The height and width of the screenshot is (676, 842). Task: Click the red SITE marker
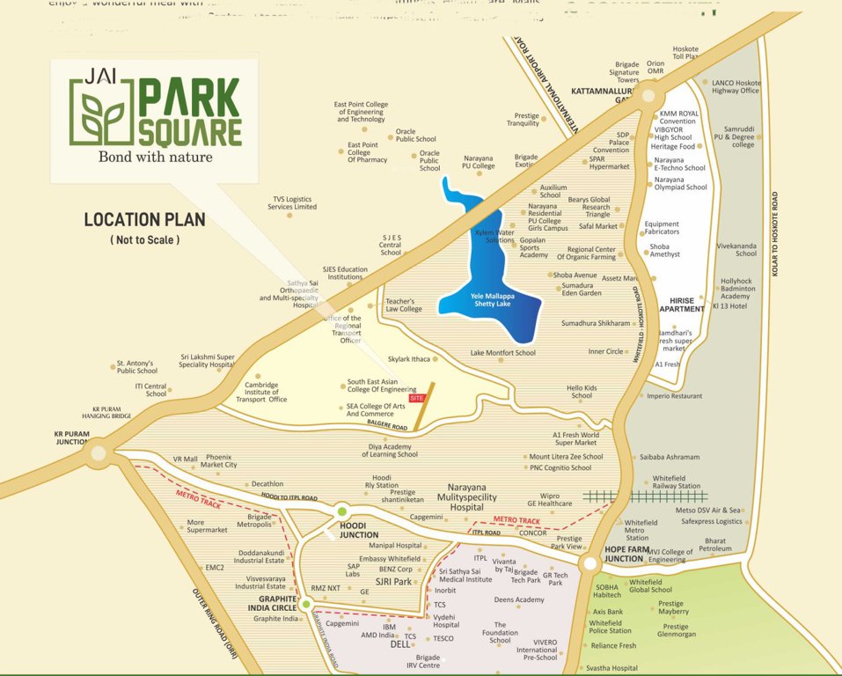click(x=417, y=398)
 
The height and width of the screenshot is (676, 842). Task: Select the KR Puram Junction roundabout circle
click(x=97, y=455)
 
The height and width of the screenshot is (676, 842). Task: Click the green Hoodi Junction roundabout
click(x=341, y=511)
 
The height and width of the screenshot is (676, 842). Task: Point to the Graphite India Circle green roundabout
click(x=306, y=604)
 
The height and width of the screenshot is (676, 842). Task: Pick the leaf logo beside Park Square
click(x=103, y=113)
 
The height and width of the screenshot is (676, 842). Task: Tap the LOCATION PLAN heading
click(x=144, y=219)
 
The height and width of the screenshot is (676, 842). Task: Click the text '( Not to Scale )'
click(x=144, y=239)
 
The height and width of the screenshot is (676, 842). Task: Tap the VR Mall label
click(x=186, y=459)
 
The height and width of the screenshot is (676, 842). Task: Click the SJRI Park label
click(x=393, y=582)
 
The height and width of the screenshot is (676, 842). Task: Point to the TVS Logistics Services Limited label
click(x=293, y=203)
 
